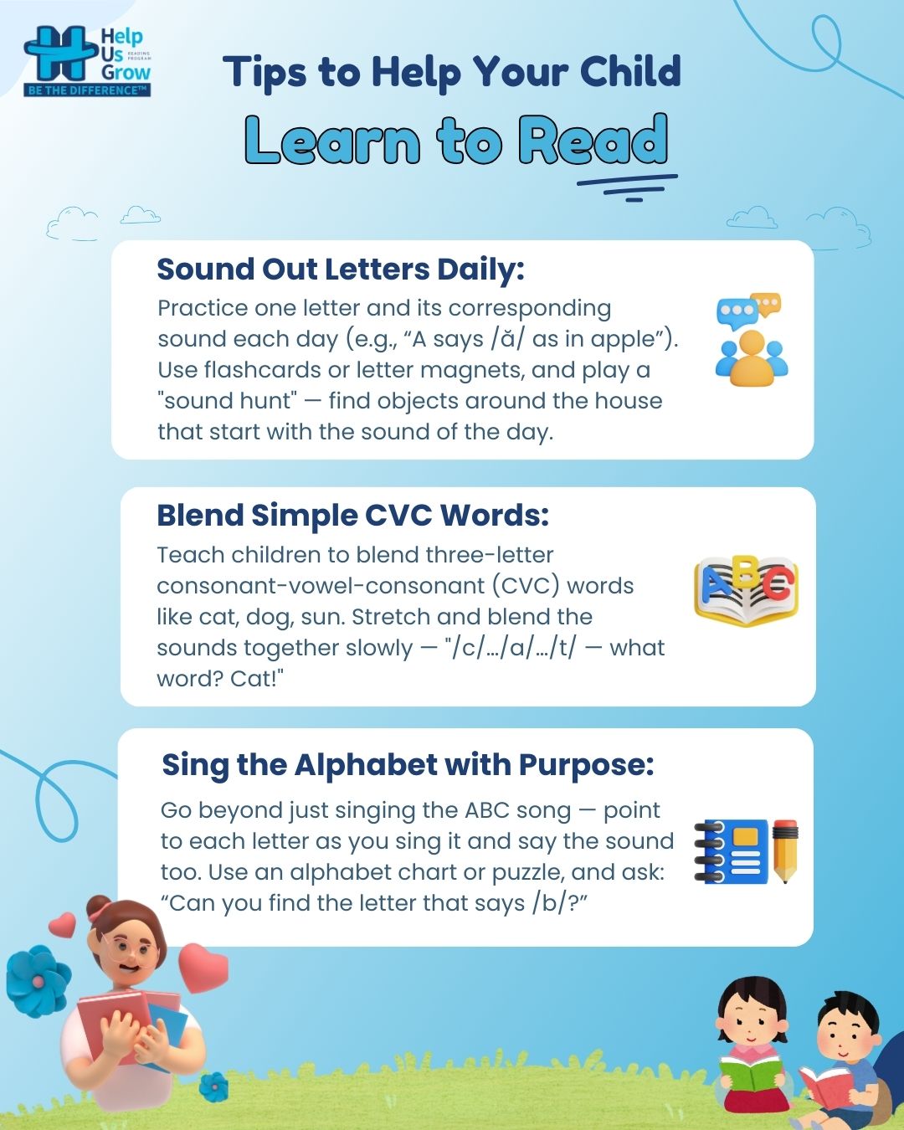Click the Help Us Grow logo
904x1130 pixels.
[x=88, y=61]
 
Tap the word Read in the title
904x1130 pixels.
[x=593, y=140]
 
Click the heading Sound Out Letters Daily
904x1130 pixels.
[x=341, y=270]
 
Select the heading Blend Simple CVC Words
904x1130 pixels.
[x=352, y=516]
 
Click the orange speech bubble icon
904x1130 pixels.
[x=766, y=305]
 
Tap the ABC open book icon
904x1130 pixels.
[x=746, y=591]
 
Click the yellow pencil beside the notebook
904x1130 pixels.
[x=785, y=850]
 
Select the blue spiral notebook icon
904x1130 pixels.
[x=732, y=851]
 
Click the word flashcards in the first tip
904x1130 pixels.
[x=262, y=370]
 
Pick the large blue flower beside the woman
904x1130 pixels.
[x=38, y=981]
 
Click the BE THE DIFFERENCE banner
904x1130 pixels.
[x=87, y=90]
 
